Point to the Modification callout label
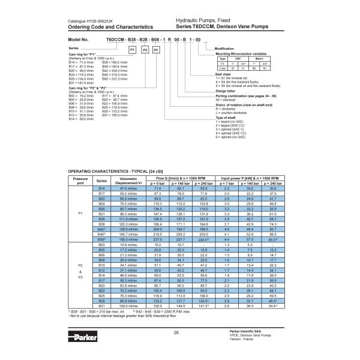point(224,48)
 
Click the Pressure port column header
point(80,181)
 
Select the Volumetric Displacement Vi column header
point(128,181)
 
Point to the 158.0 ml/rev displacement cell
point(128,239)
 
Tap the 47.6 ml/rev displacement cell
point(128,188)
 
